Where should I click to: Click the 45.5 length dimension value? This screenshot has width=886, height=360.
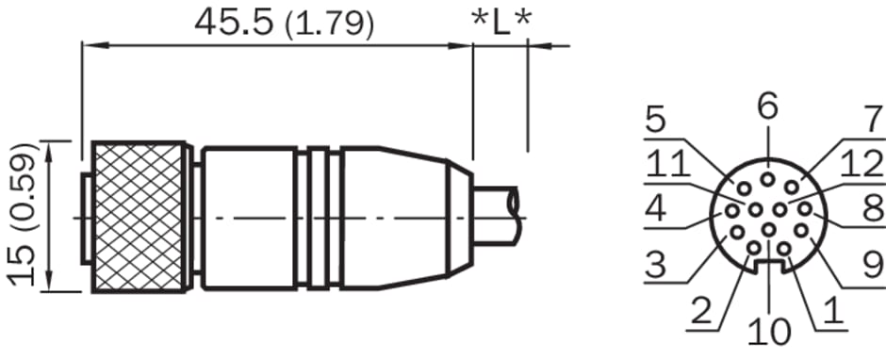point(234,24)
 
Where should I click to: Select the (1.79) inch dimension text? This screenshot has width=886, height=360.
point(330,25)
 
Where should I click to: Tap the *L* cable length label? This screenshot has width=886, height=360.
point(501,23)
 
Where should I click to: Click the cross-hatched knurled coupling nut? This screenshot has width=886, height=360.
point(139,217)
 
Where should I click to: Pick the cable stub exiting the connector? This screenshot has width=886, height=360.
point(496,216)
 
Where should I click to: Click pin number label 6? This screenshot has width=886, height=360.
point(768,106)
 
